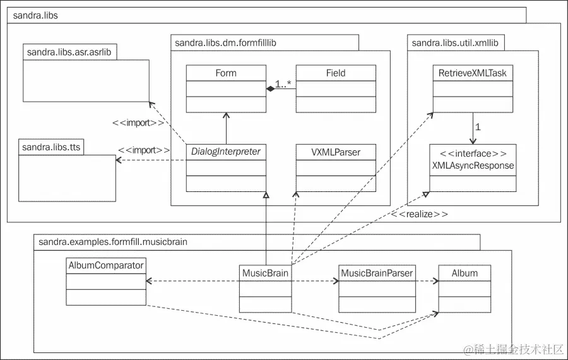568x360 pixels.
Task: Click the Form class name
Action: [x=225, y=73]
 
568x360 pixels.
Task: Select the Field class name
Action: [x=336, y=73]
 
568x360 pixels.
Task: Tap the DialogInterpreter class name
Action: [x=225, y=152]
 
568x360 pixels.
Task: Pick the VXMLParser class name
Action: [x=336, y=152]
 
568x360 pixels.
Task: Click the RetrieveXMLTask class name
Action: [x=473, y=73]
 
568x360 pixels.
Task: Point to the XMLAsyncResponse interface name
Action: [x=473, y=165]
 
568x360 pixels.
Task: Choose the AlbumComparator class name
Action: [x=105, y=265]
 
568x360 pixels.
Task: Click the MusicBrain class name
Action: [x=265, y=273]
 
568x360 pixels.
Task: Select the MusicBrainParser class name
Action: [x=377, y=273]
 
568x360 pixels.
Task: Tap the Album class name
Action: [x=464, y=273]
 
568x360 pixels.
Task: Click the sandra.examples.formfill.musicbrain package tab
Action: [x=113, y=241]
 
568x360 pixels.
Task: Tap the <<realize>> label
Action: [x=420, y=214]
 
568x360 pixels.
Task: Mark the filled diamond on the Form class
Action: [x=269, y=90]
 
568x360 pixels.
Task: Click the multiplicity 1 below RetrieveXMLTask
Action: [x=478, y=127]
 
